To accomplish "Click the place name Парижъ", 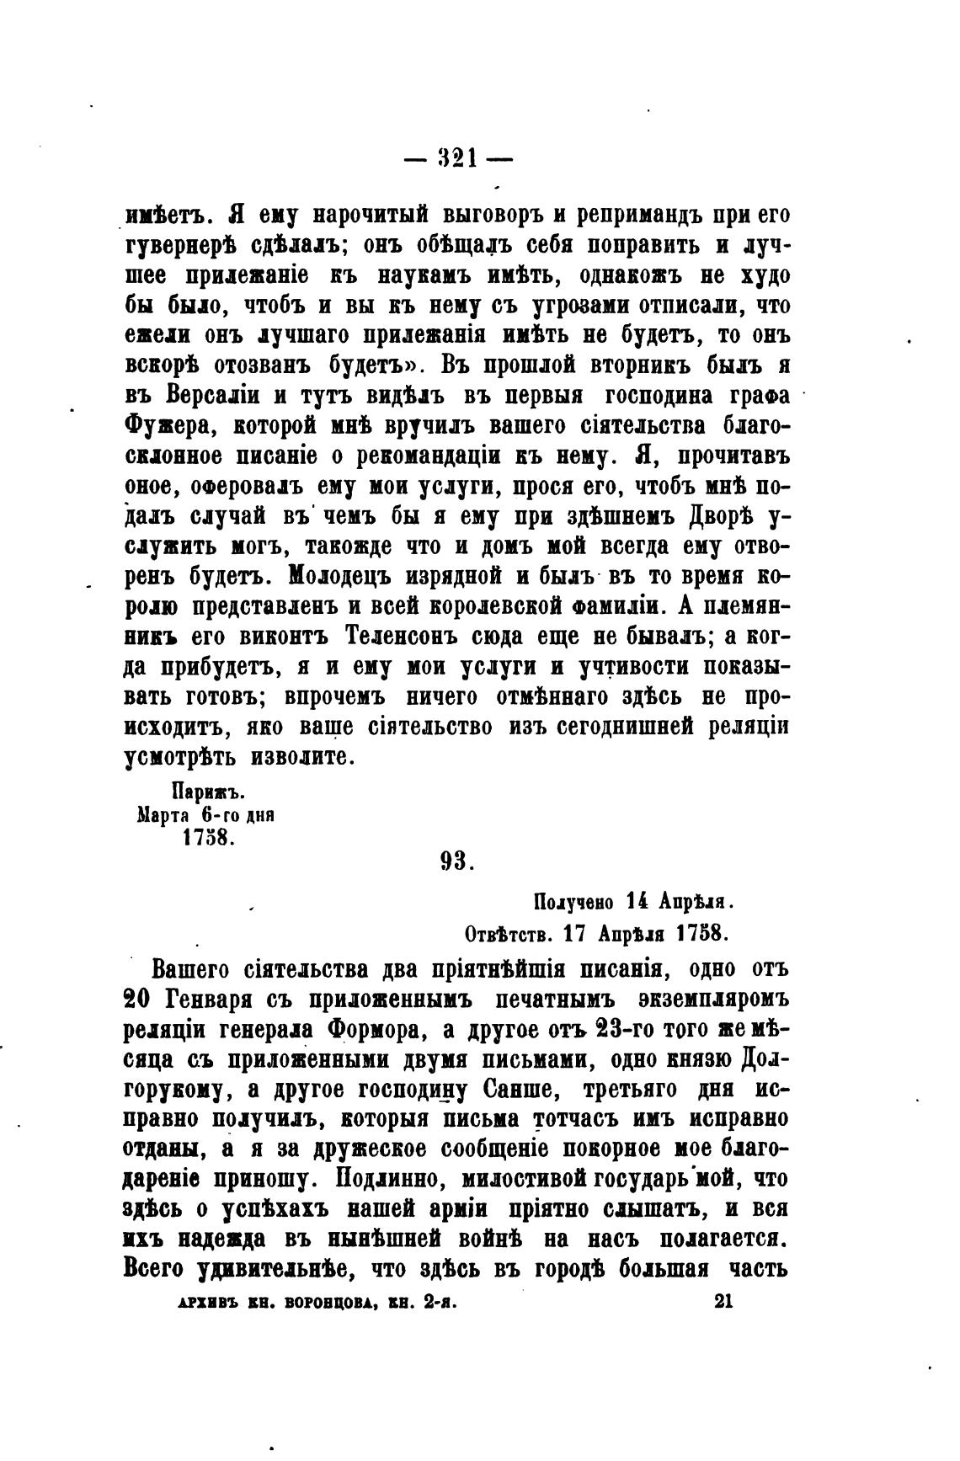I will (x=207, y=793).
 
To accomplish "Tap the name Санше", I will (x=520, y=1090).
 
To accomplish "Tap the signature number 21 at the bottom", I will (x=724, y=1301).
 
